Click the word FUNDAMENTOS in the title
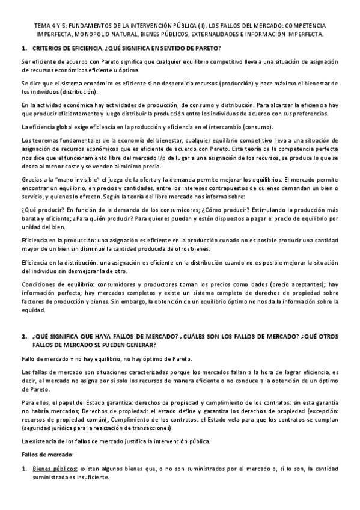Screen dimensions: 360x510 (x=87, y=26)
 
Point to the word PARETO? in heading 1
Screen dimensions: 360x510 (x=209, y=48)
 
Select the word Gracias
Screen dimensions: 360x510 (x=31, y=180)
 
